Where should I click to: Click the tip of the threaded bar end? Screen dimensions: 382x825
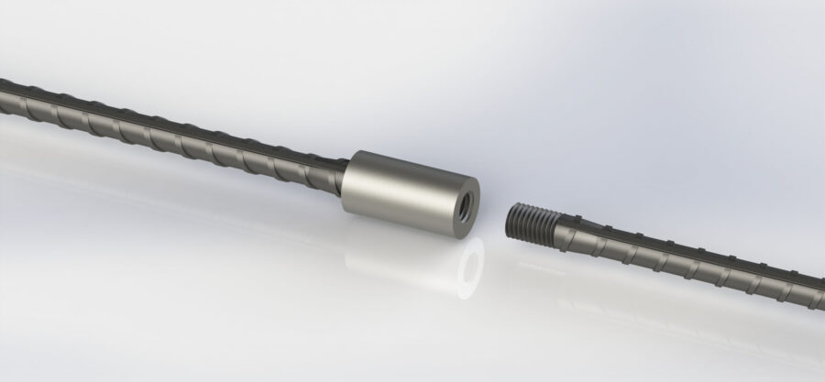click(x=511, y=216)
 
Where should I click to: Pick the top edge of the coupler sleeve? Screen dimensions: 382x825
click(x=412, y=158)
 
